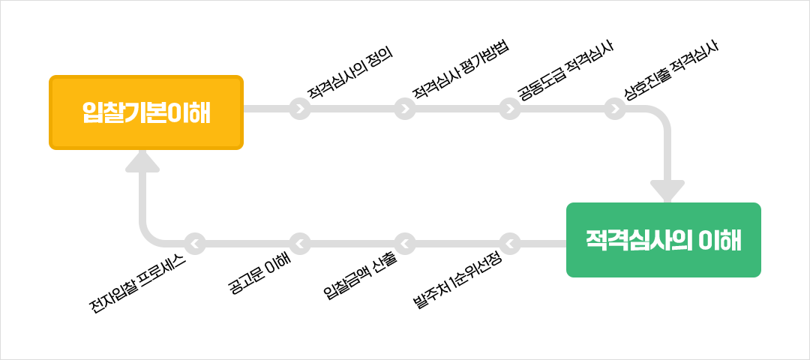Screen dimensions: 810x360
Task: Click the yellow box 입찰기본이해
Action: pos(146,112)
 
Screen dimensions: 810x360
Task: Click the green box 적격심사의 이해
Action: pos(664,240)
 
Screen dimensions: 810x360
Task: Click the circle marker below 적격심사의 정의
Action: pos(300,109)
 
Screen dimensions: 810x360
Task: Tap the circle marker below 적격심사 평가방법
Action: pos(405,109)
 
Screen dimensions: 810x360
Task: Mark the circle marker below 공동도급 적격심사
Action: pos(510,109)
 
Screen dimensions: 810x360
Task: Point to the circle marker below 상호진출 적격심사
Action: pos(615,109)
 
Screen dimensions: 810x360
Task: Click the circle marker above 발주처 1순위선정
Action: pos(510,244)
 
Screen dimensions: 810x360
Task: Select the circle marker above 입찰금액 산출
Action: pos(405,244)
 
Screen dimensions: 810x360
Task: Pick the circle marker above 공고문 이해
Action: pos(300,244)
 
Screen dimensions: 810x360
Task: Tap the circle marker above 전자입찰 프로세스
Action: pos(195,244)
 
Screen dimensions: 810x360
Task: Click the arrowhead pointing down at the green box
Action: pos(667,191)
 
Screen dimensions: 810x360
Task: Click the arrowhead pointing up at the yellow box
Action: pos(142,161)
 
